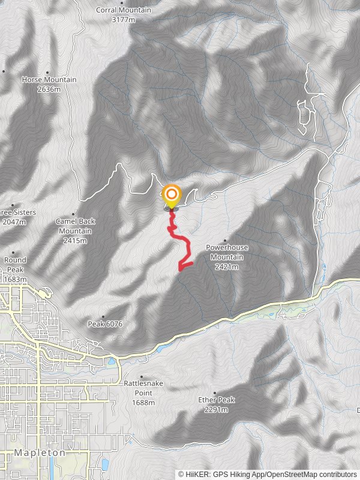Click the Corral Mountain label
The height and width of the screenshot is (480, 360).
pos(124,10)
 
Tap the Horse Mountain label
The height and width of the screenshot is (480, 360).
pos(49,80)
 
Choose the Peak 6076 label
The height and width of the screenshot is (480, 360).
pos(106,324)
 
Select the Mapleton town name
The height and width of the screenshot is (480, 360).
pos(40,453)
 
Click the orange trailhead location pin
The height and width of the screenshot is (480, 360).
pos(172,195)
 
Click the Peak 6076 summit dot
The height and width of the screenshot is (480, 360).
pos(103,317)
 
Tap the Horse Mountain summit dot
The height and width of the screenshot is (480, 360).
pos(47,72)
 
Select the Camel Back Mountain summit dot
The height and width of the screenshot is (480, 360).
pos(73,214)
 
